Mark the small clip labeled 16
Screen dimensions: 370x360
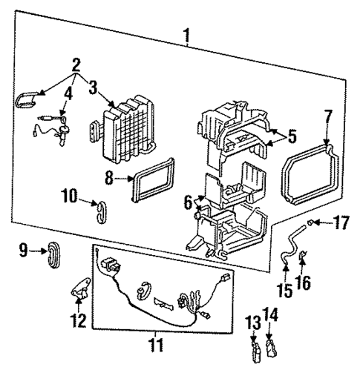tap(307, 260)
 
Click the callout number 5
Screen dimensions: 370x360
tap(291, 136)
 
